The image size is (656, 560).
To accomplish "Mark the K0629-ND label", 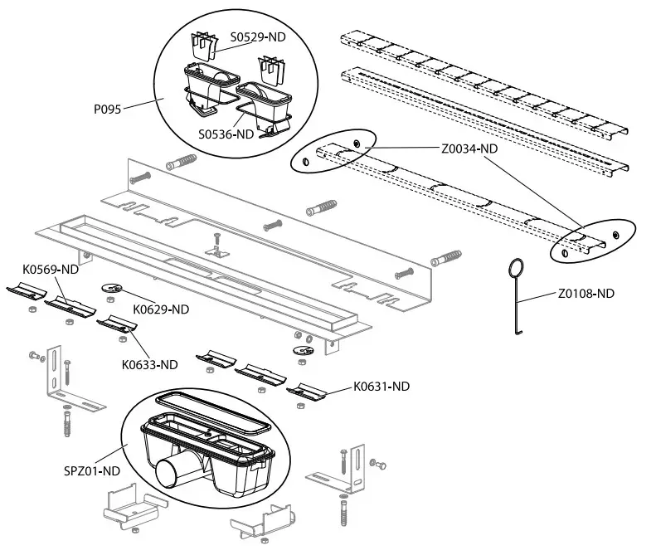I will (x=161, y=309).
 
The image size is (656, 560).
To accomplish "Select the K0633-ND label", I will (x=150, y=364).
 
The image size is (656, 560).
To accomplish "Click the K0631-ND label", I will (x=381, y=386).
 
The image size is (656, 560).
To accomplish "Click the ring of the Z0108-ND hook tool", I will (x=515, y=268).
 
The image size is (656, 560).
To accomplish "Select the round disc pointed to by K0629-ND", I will (x=112, y=288).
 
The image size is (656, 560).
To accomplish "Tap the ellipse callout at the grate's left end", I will (x=333, y=151).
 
